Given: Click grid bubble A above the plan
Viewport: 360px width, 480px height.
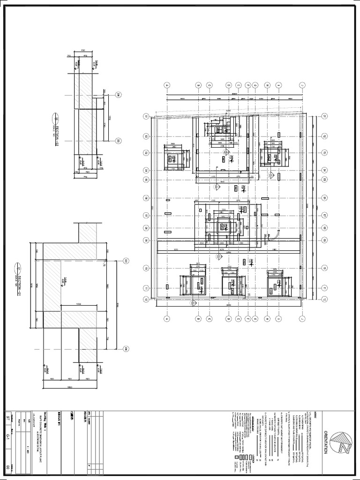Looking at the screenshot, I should tap(166, 85).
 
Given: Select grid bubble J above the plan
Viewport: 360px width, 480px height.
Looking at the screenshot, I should tap(303, 85).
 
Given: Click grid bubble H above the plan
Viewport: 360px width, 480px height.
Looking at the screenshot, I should tap(267, 85).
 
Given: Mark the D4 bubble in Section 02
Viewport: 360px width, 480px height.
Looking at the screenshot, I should tap(118, 95).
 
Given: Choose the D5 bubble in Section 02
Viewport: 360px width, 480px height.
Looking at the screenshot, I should tap(118, 140).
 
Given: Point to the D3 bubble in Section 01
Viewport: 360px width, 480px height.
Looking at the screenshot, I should tap(126, 261).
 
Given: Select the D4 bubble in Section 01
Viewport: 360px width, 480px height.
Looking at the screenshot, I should tap(126, 348).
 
